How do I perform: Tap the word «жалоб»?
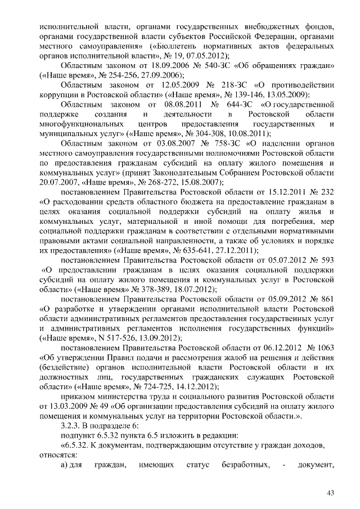(229, 357)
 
